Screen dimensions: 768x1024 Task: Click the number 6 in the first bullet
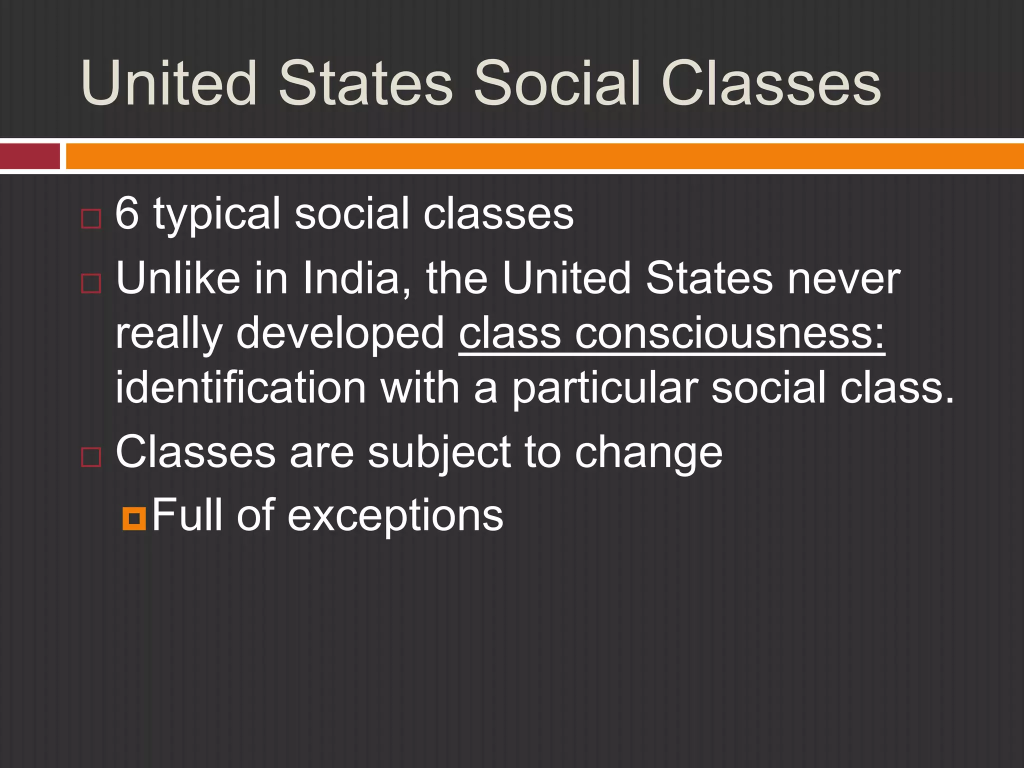(x=126, y=213)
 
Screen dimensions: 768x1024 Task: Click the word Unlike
(x=177, y=278)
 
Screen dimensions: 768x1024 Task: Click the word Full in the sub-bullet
(x=187, y=514)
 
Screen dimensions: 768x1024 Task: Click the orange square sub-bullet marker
(x=134, y=518)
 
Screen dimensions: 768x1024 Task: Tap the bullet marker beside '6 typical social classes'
(x=91, y=219)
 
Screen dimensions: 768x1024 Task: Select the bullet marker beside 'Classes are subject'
(x=91, y=457)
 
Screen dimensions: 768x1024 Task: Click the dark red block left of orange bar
(x=30, y=156)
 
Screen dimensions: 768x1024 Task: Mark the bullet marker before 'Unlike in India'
(x=91, y=283)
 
